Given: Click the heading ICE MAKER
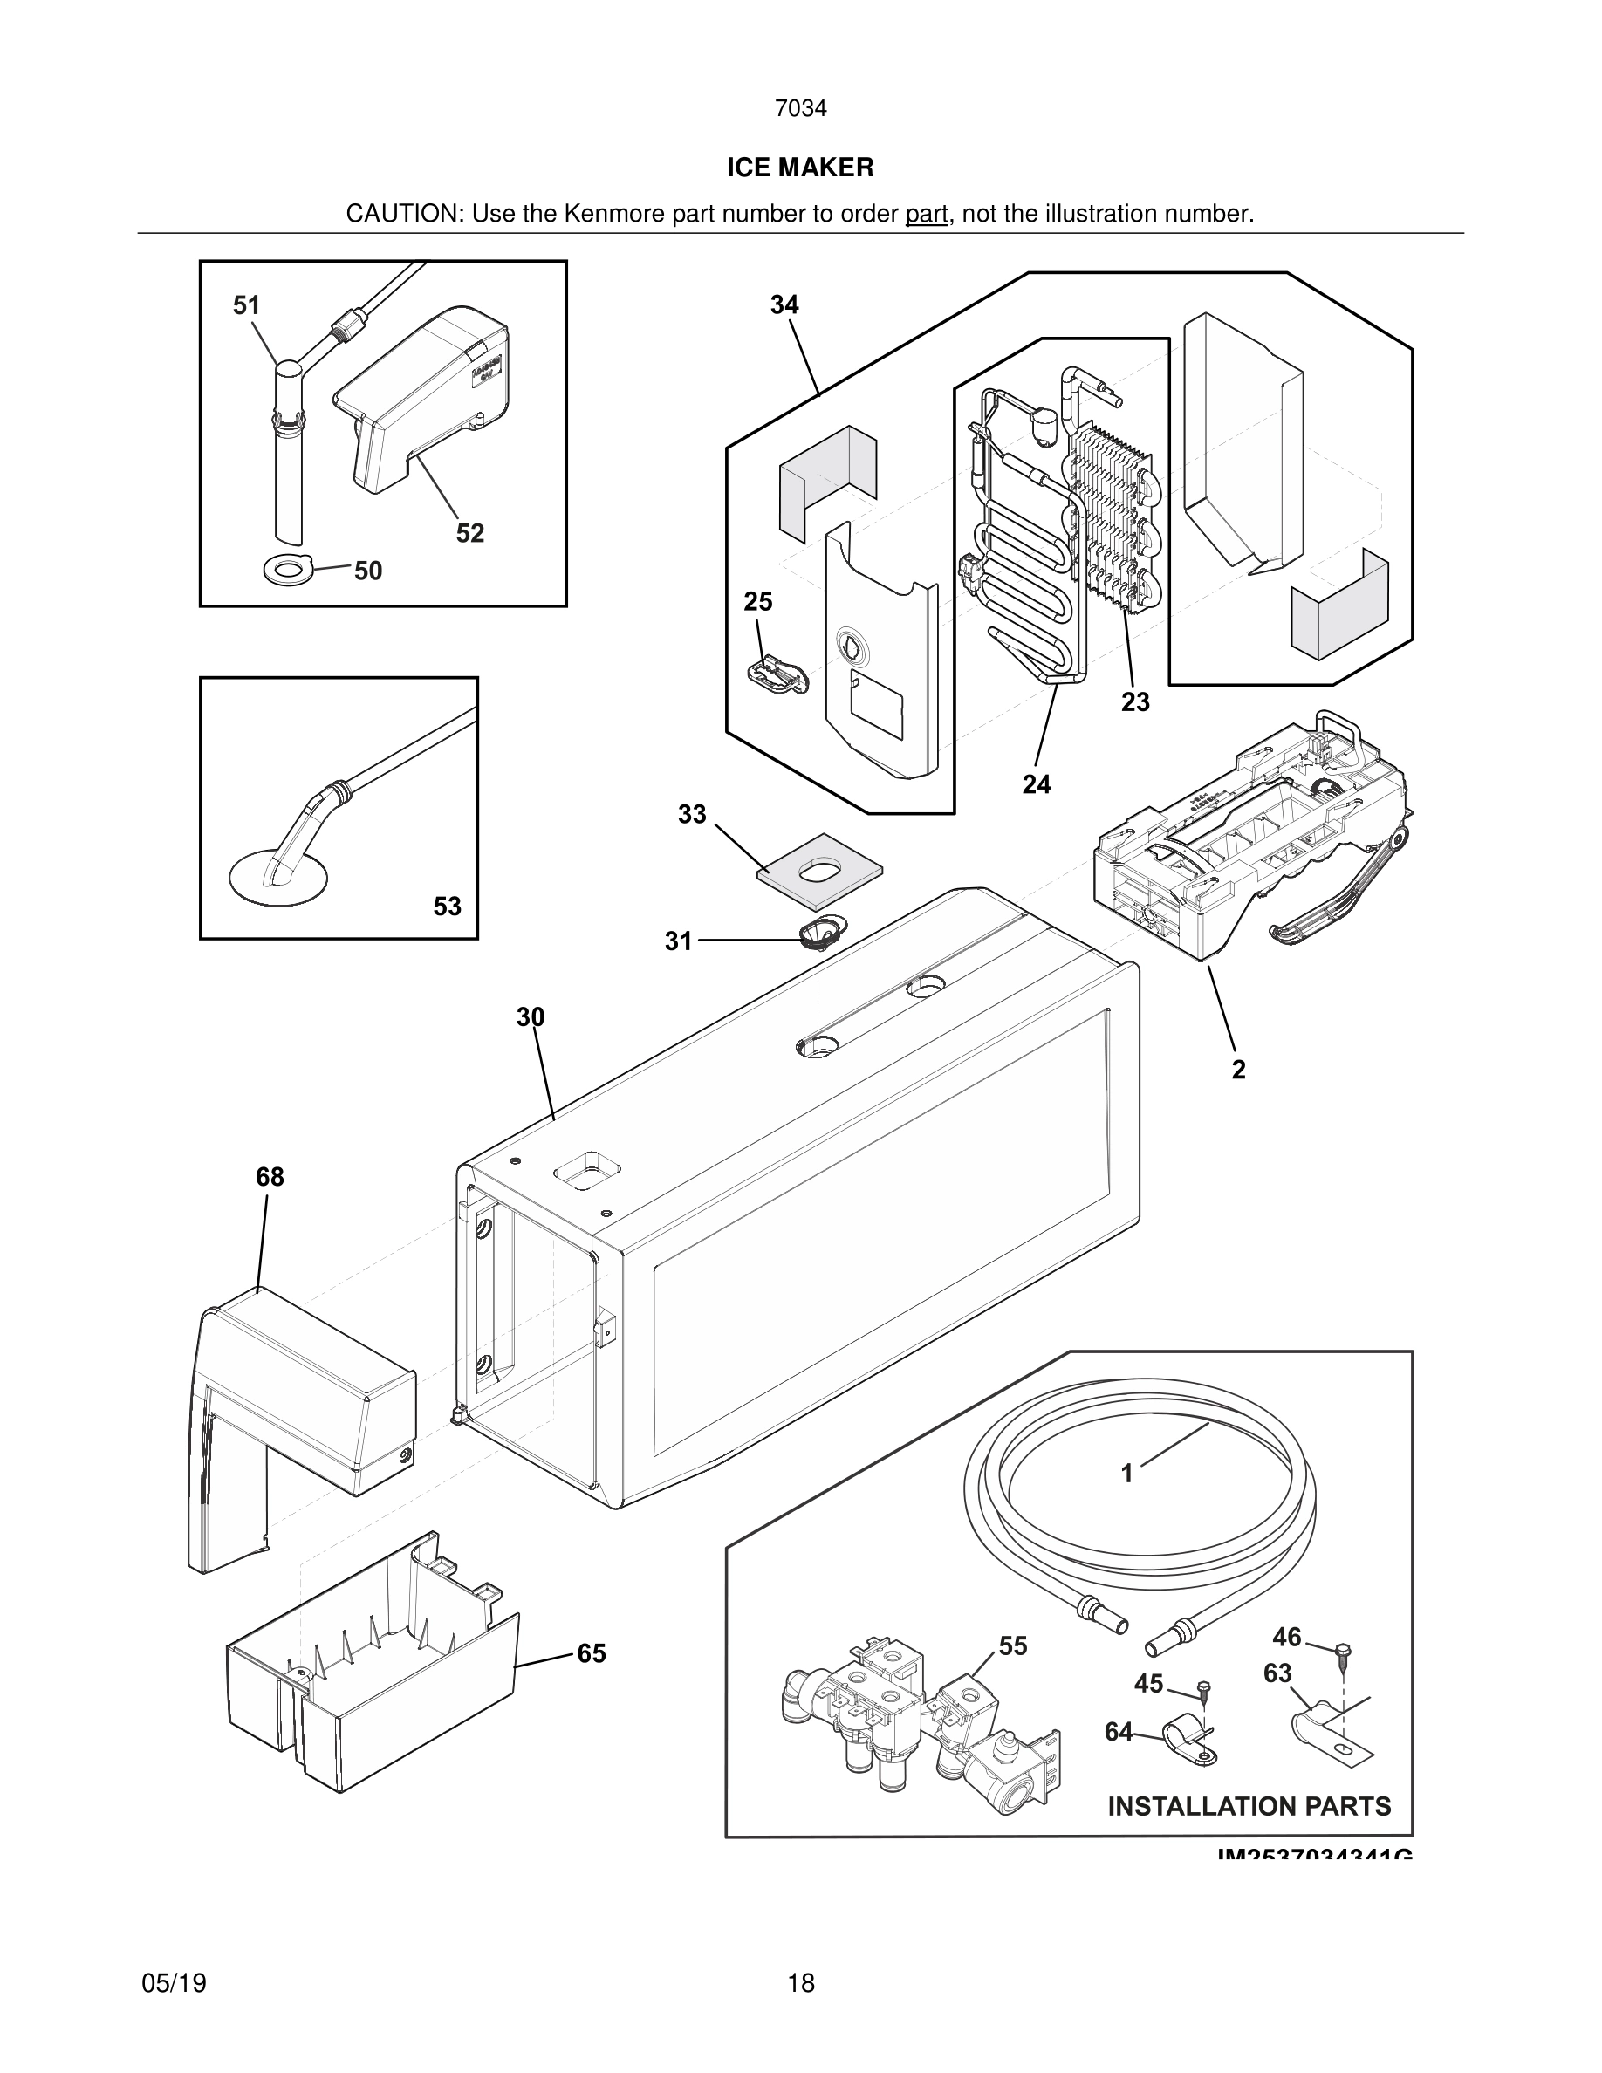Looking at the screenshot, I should point(800,168).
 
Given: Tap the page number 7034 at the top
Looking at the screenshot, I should point(800,109).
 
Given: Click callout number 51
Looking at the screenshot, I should point(246,305).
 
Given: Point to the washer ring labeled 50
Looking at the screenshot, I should point(286,571).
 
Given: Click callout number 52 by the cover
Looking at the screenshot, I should point(469,533).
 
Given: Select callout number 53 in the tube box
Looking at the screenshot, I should point(447,907).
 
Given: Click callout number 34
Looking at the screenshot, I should point(784,304).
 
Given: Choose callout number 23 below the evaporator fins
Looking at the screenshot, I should point(1135,702).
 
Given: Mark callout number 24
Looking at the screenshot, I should point(1037,784).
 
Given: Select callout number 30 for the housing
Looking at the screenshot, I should point(531,1017).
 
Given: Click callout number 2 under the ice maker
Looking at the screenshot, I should point(1238,1070).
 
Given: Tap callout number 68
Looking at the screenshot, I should point(270,1177).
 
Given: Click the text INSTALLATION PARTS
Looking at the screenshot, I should point(1249,1806).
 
